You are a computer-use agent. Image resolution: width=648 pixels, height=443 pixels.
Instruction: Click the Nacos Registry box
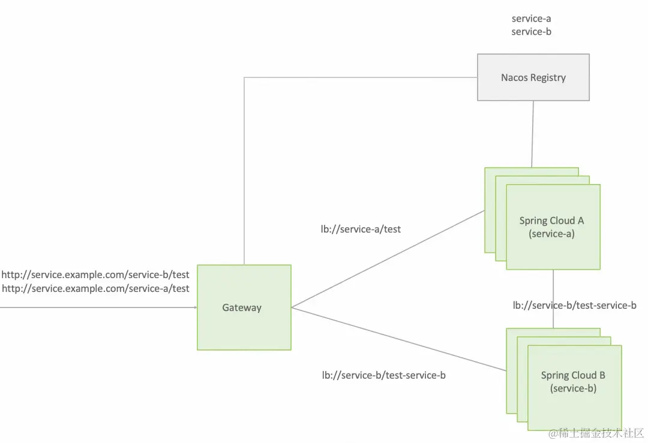[533, 77]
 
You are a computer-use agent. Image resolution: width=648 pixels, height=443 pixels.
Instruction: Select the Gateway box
[244, 308]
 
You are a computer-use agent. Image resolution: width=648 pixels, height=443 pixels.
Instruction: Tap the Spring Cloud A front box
[553, 227]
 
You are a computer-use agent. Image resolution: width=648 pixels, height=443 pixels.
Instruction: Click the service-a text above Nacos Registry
[531, 19]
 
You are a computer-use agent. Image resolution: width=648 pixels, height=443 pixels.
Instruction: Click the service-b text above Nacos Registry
[531, 32]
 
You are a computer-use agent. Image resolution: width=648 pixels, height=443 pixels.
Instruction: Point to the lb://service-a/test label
[361, 229]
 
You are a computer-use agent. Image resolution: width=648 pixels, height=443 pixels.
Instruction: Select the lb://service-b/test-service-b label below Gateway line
[383, 375]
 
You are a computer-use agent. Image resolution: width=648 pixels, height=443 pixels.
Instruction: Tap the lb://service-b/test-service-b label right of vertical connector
[574, 306]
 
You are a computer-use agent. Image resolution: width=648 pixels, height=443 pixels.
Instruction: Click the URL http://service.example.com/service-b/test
[95, 275]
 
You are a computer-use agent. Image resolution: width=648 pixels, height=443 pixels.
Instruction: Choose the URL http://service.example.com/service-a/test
[95, 288]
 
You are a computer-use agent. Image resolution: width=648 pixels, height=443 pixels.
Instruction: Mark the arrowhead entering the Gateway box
[194, 308]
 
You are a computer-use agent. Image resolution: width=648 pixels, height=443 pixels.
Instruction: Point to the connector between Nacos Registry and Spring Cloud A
[532, 134]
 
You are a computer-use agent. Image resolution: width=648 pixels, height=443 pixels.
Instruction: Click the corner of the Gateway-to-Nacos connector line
[244, 77]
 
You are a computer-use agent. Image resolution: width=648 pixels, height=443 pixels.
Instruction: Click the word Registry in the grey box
[547, 77]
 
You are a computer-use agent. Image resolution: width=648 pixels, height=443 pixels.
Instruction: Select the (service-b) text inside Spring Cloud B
[574, 388]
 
